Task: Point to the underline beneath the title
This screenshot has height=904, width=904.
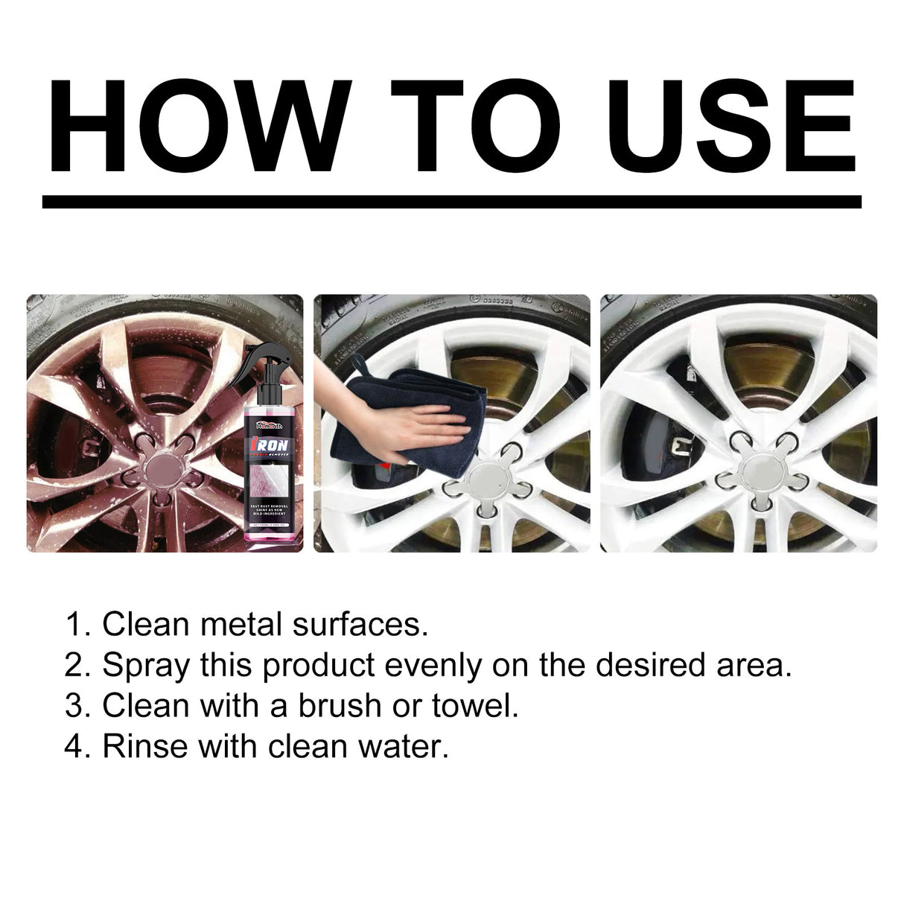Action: coord(451,202)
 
